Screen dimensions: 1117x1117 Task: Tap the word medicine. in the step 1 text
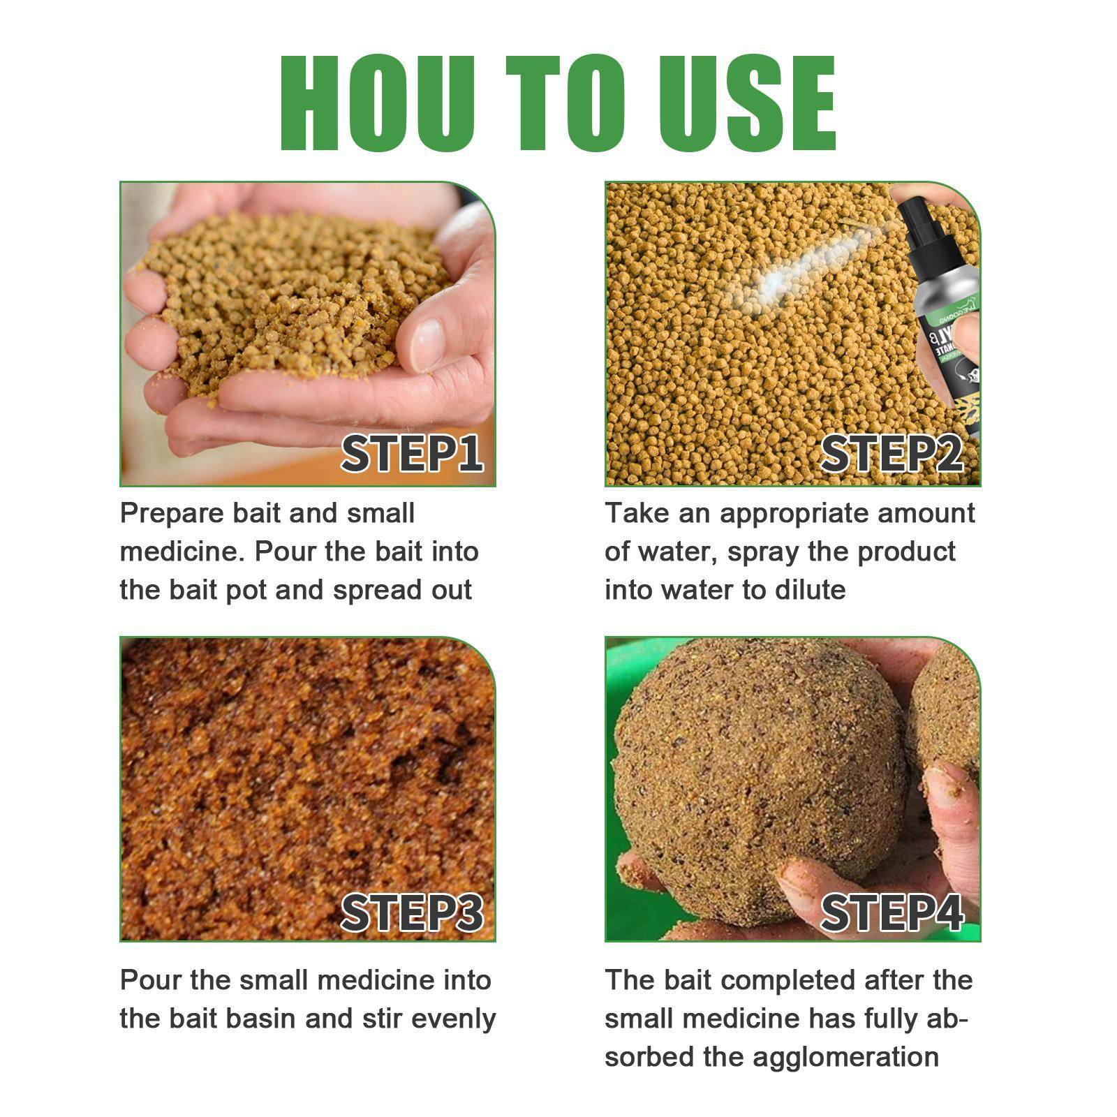[x=182, y=552]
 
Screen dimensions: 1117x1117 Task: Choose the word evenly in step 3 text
[x=454, y=1019]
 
